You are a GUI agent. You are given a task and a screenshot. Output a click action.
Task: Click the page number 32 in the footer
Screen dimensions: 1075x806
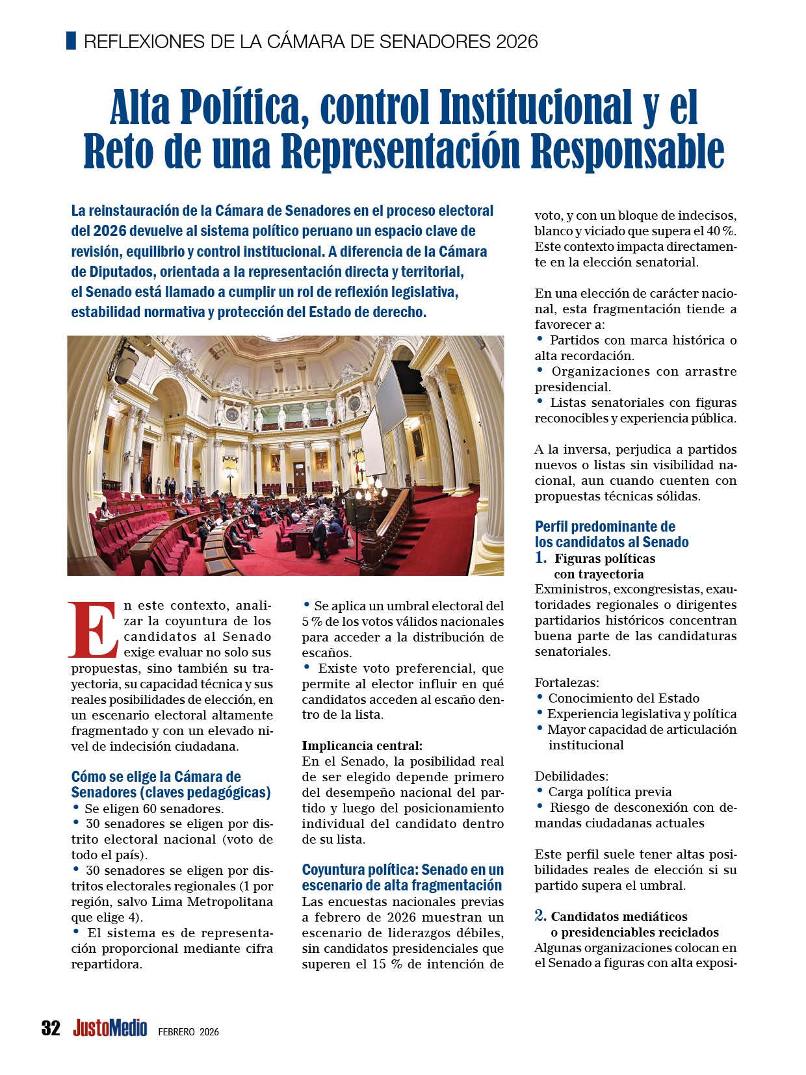tap(50, 1028)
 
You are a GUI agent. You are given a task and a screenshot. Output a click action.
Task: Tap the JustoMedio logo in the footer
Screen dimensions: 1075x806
tap(109, 1028)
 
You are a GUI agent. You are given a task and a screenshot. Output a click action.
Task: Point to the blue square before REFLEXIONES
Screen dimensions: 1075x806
tap(71, 41)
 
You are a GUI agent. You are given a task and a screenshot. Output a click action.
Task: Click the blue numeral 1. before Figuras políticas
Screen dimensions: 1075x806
tap(541, 558)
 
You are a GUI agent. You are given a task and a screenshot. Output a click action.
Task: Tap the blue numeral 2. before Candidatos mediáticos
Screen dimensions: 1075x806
tap(540, 916)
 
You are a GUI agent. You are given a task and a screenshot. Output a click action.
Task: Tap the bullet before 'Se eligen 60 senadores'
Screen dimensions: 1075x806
tap(75, 807)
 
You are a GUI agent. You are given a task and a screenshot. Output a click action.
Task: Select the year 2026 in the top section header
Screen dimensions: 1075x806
tap(515, 42)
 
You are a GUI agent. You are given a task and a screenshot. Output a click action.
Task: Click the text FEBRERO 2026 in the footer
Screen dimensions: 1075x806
tap(188, 1032)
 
